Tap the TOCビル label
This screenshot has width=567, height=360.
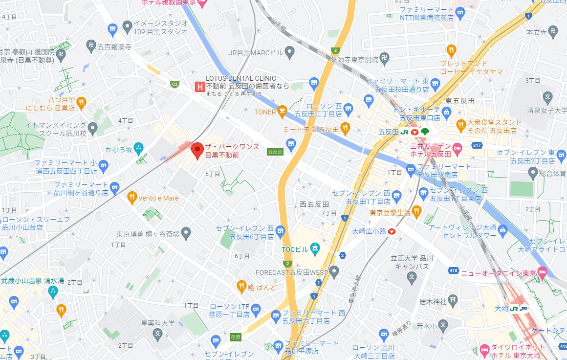[x=295, y=250]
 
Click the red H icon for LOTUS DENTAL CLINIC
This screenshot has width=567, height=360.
[x=199, y=87]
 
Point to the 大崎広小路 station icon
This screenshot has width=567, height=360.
[x=392, y=233]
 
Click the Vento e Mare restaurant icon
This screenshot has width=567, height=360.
[x=131, y=198]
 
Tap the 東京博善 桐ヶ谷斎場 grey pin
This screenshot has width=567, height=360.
[x=186, y=234]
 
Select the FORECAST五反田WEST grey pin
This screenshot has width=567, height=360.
[x=334, y=271]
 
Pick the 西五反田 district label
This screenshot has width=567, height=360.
[x=314, y=204]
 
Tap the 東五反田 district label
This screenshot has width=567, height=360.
[x=460, y=100]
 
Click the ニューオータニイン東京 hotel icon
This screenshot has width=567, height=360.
[x=542, y=272]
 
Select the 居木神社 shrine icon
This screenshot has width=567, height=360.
[x=453, y=299]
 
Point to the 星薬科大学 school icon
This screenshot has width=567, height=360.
[x=157, y=335]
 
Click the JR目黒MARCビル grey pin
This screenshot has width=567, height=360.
[x=289, y=52]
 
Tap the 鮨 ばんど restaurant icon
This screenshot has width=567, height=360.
[x=241, y=286]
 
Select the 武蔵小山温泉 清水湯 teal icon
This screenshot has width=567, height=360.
[x=53, y=292]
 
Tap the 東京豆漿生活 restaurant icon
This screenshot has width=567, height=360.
[x=416, y=211]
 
